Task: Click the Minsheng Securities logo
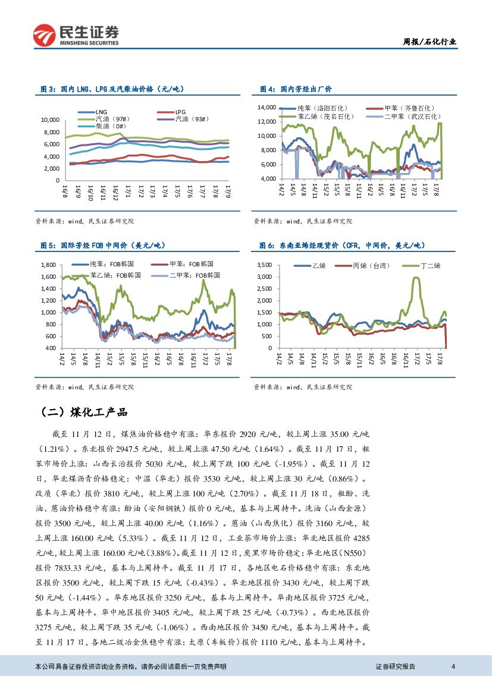pos(76,35)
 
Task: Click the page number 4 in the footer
pos(453,666)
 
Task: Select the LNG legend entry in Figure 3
pos(101,111)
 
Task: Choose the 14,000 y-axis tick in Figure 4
pos(266,108)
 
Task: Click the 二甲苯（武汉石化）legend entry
pos(410,117)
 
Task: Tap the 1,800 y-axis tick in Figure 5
pos(47,265)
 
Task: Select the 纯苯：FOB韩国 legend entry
pos(111,263)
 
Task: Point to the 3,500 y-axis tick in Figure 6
pos(264,265)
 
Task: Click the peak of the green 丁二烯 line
pos(416,278)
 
